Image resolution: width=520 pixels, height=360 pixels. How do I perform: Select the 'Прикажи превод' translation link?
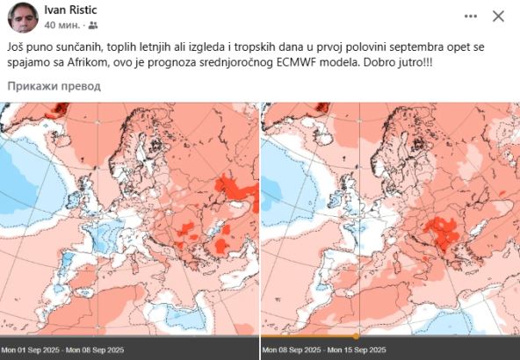pyautogui.click(x=54, y=86)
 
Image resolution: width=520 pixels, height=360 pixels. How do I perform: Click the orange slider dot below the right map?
pyautogui.click(x=356, y=335)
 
